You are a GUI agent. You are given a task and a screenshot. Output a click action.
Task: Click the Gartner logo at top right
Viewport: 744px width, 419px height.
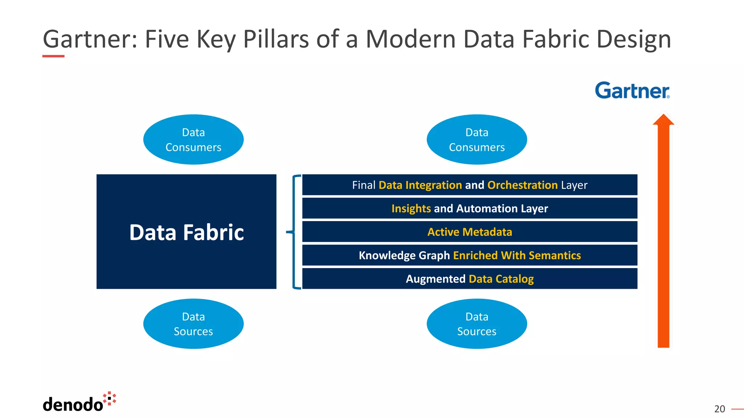point(632,91)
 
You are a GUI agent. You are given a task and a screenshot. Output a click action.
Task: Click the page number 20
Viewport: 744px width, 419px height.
point(719,409)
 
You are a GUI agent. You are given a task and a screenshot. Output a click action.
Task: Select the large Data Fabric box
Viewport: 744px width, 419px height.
point(186,232)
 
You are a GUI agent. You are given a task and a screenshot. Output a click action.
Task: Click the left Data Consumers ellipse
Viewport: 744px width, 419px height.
point(193,140)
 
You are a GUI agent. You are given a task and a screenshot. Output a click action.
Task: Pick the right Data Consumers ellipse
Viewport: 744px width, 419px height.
point(477,140)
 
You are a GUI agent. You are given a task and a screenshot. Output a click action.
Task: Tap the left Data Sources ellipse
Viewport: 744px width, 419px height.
point(193,324)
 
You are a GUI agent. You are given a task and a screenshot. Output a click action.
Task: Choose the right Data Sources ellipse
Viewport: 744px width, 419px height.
point(477,324)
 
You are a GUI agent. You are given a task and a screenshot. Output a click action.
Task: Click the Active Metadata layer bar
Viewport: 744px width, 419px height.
point(469,232)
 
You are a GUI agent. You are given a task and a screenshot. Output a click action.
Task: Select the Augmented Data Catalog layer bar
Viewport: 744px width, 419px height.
point(469,279)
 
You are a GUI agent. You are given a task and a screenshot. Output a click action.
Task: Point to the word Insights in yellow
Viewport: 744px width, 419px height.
point(411,208)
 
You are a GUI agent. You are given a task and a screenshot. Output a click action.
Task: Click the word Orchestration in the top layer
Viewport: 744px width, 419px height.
point(522,185)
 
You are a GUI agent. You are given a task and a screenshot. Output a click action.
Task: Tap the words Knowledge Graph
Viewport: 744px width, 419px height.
point(404,255)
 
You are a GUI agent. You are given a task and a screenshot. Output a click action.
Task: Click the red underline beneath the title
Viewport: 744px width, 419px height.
point(53,56)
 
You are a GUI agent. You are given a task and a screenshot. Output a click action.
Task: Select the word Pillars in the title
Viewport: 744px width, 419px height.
point(276,39)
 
